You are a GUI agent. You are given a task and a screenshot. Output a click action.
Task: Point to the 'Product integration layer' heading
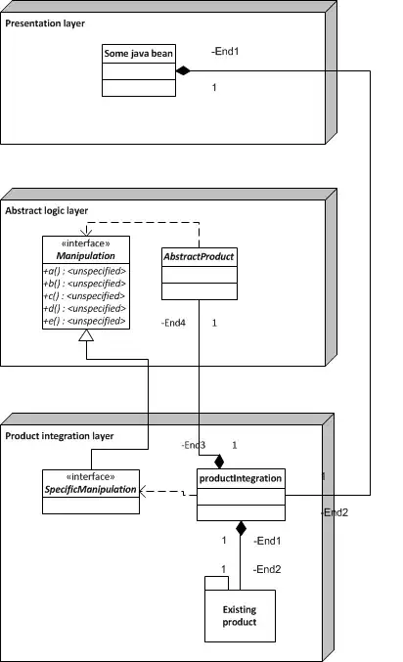click(60, 435)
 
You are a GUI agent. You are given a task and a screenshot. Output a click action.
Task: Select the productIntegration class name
click(241, 479)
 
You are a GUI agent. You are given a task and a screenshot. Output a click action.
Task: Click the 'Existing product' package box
click(240, 615)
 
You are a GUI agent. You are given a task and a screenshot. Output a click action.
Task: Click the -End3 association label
click(193, 445)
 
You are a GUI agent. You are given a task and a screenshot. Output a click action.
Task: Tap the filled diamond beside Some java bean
click(182, 70)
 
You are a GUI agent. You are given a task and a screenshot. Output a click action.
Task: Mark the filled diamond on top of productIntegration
click(220, 461)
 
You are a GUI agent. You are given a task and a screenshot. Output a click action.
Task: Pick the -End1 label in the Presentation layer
click(225, 51)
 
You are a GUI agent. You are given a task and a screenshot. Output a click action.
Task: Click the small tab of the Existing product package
click(216, 583)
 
